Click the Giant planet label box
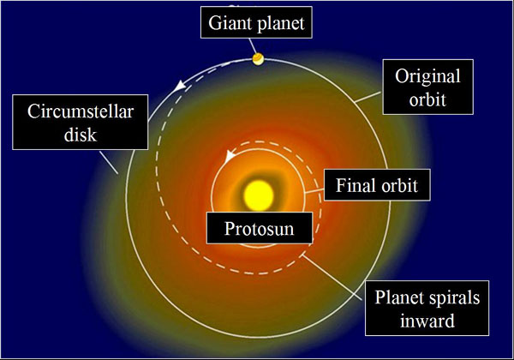256,22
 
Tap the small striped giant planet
259,59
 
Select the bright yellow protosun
259,195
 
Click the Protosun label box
260,228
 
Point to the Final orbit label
377,185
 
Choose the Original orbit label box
427,87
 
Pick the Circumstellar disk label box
81,123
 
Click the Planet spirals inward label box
427,308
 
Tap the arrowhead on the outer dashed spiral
179,86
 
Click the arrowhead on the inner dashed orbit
230,156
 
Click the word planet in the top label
281,24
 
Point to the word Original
427,77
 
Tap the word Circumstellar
81,111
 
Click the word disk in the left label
81,134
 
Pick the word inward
427,321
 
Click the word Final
352,185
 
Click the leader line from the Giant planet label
253,46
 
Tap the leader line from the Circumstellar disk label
109,162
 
